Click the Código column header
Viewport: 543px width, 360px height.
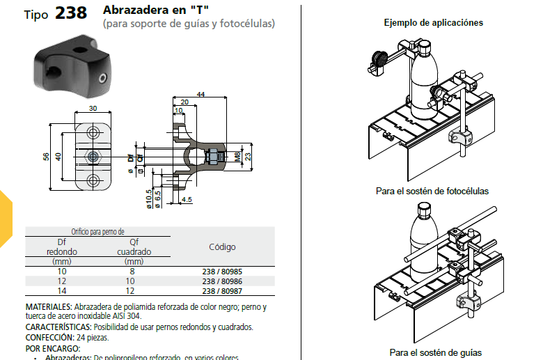222,246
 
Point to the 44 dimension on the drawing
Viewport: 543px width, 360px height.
200,94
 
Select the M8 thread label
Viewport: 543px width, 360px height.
237,157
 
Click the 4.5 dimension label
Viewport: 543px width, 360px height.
187,201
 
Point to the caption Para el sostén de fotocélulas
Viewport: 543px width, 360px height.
432,191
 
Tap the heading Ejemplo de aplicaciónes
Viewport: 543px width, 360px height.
433,23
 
